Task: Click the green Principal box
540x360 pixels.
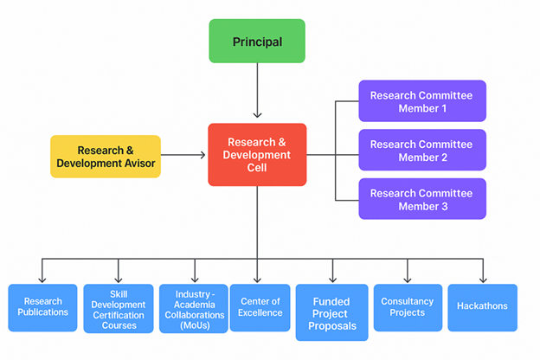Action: tap(257, 42)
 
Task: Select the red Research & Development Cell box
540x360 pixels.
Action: tap(257, 154)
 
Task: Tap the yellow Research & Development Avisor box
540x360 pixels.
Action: tap(106, 156)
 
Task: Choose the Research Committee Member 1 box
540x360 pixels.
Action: tap(421, 101)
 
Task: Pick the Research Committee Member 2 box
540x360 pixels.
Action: tap(421, 151)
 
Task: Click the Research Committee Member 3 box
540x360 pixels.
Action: tap(421, 199)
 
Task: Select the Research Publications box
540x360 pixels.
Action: tap(42, 307)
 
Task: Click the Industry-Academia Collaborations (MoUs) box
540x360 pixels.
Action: tap(193, 307)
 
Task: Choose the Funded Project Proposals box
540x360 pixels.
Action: tap(331, 312)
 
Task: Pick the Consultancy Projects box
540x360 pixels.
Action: tap(407, 307)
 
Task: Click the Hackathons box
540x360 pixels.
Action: tap(482, 306)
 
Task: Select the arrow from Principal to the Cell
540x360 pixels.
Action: tap(257, 91)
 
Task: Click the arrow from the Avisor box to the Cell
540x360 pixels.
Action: tap(183, 156)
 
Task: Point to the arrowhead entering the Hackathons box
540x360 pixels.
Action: tap(483, 280)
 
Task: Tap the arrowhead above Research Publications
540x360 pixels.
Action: tap(43, 280)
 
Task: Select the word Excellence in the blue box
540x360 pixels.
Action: tap(261, 312)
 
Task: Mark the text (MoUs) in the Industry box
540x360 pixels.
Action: tap(193, 325)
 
